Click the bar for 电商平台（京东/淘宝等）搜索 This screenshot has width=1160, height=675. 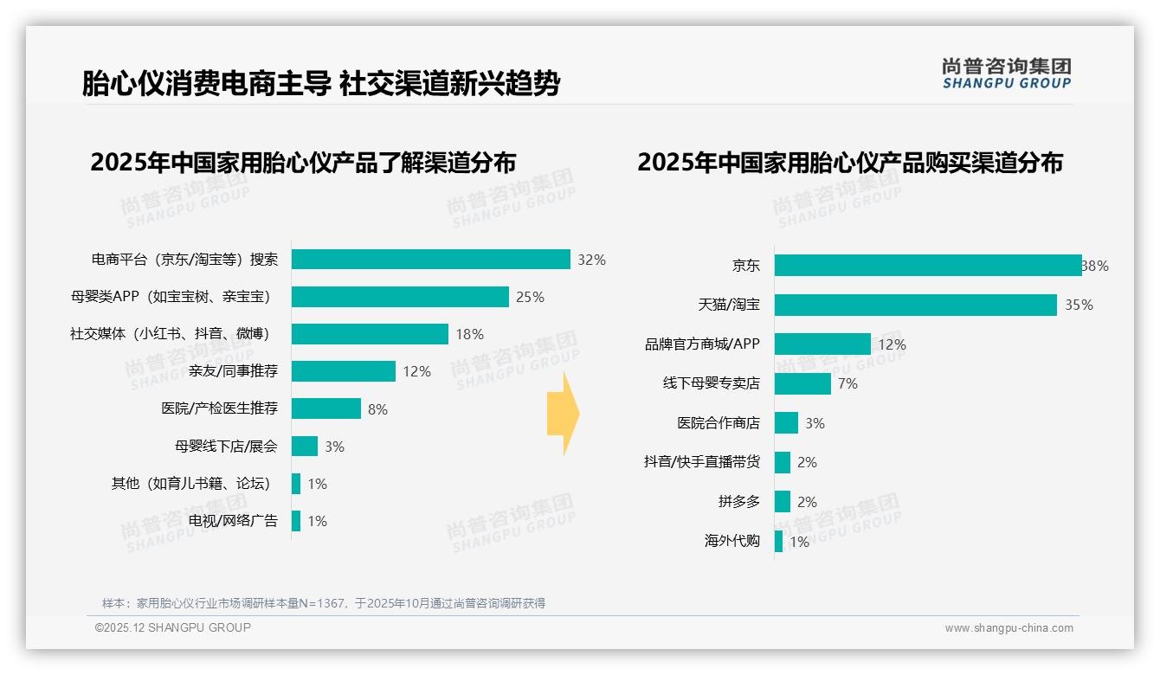430,260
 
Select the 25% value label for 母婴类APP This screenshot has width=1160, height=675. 530,298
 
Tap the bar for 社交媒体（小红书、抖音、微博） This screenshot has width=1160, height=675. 370,334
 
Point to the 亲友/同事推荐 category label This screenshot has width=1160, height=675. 233,371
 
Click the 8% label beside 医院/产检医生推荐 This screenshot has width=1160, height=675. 377,409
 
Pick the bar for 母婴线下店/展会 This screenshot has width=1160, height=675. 305,447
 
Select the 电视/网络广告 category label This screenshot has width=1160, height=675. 233,521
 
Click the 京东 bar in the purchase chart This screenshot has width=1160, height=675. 927,266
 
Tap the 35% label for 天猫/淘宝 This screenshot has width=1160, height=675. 1079,305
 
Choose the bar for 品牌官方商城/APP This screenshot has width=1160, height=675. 822,344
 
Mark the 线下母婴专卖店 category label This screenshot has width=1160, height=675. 711,383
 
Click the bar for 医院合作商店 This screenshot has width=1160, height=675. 786,423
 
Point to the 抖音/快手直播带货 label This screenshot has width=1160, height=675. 701,462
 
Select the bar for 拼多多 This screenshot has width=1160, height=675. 782,502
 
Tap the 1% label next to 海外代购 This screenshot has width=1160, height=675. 799,543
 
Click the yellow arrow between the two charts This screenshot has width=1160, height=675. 564,415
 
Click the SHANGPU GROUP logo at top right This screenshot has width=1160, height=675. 1006,74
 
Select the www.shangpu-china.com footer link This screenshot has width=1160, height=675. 1009,628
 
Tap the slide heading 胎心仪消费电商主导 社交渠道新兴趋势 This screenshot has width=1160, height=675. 321,84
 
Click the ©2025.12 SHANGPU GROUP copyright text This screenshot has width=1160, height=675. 173,628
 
